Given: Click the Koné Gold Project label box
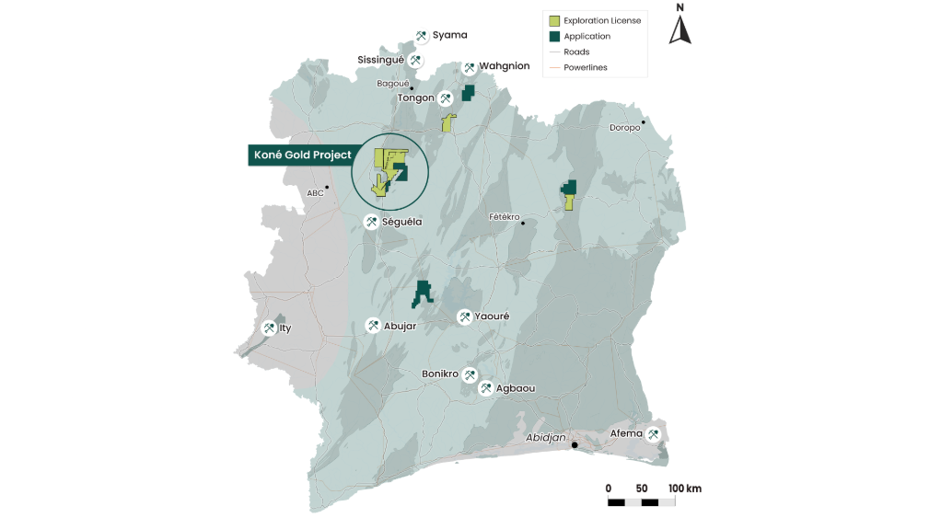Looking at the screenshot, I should coord(302,155).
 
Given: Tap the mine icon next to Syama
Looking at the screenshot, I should coord(422,36).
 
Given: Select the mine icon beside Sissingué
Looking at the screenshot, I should coord(416,61).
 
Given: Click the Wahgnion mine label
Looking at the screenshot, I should coord(504,66).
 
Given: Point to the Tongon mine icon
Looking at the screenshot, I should coord(446,98).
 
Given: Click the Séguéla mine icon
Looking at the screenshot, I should coord(370,222).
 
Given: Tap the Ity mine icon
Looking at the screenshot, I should coord(269,328).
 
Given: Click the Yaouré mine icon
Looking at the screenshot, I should coord(465,316).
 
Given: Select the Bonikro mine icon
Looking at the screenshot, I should coord(470,375).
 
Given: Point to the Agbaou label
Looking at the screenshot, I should coord(516,389).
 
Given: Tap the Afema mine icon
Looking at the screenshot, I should coord(654,434).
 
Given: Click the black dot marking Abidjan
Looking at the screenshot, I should coord(575,445).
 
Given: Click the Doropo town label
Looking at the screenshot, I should coord(624,128).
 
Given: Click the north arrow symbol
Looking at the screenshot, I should coord(680,29).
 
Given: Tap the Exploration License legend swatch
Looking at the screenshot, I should coord(554,20).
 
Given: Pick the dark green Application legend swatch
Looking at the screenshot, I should coord(554,36).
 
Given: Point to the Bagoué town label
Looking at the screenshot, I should coord(393,84).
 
